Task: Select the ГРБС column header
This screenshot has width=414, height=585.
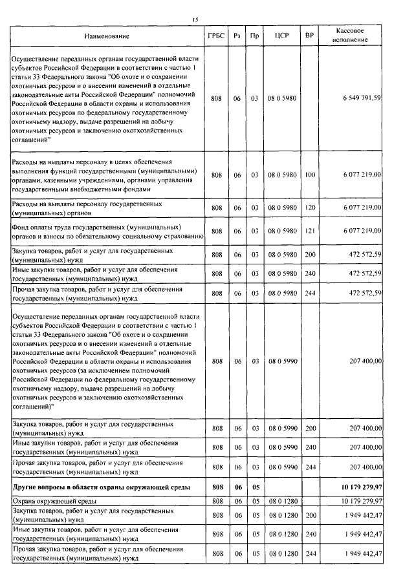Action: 217,36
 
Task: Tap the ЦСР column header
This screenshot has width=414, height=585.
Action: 281,36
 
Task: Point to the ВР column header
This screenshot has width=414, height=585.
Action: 310,36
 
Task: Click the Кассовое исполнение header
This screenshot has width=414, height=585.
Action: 354,36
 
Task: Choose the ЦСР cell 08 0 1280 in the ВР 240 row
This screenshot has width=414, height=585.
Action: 281,533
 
